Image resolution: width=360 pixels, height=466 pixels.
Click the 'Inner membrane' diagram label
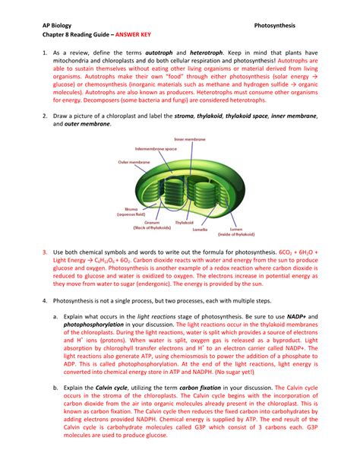click(190, 140)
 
